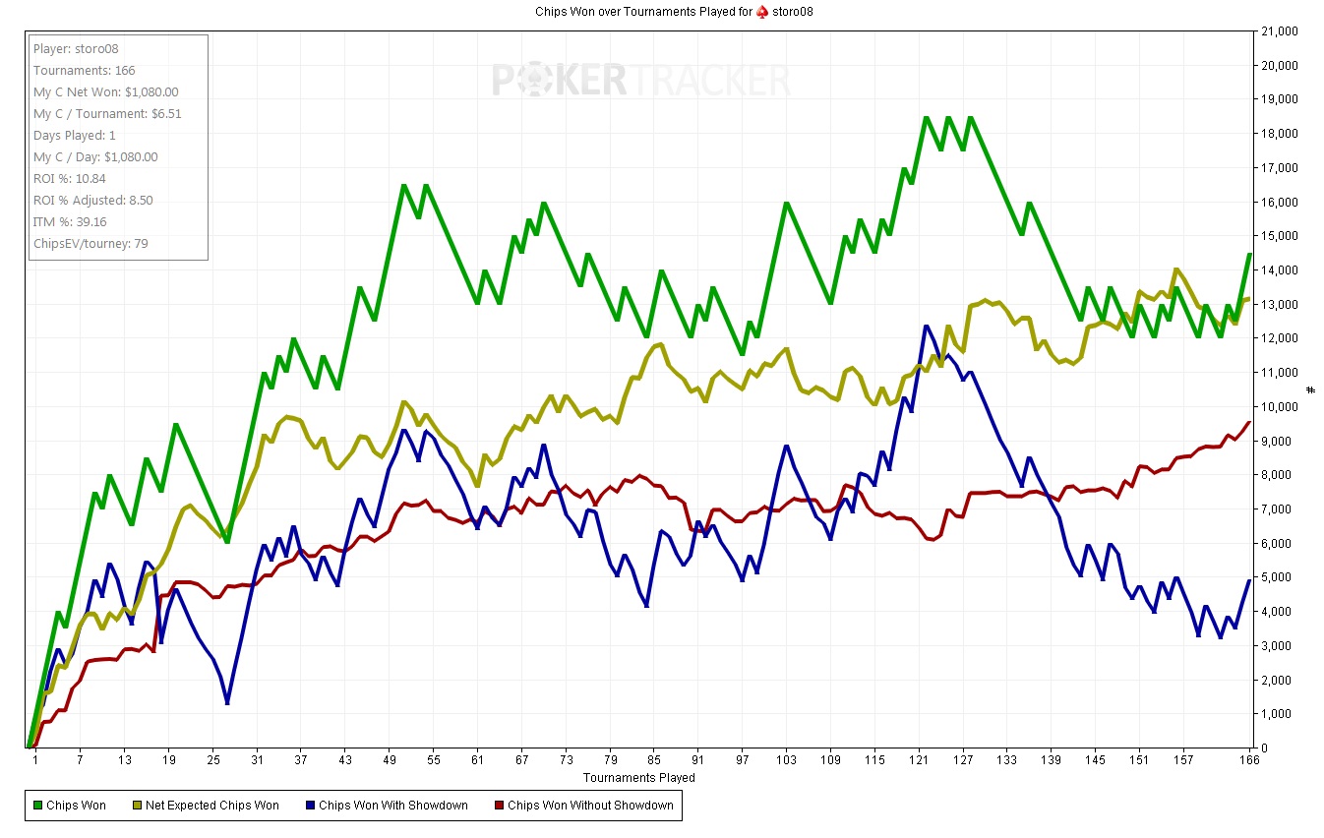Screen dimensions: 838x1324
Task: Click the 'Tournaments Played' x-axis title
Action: tap(639, 777)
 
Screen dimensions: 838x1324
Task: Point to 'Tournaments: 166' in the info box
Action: tap(85, 71)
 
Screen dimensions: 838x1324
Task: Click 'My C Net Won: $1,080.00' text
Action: tap(106, 92)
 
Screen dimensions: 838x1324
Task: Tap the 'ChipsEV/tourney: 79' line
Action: tap(90, 244)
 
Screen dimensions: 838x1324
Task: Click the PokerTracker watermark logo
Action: tap(640, 80)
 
